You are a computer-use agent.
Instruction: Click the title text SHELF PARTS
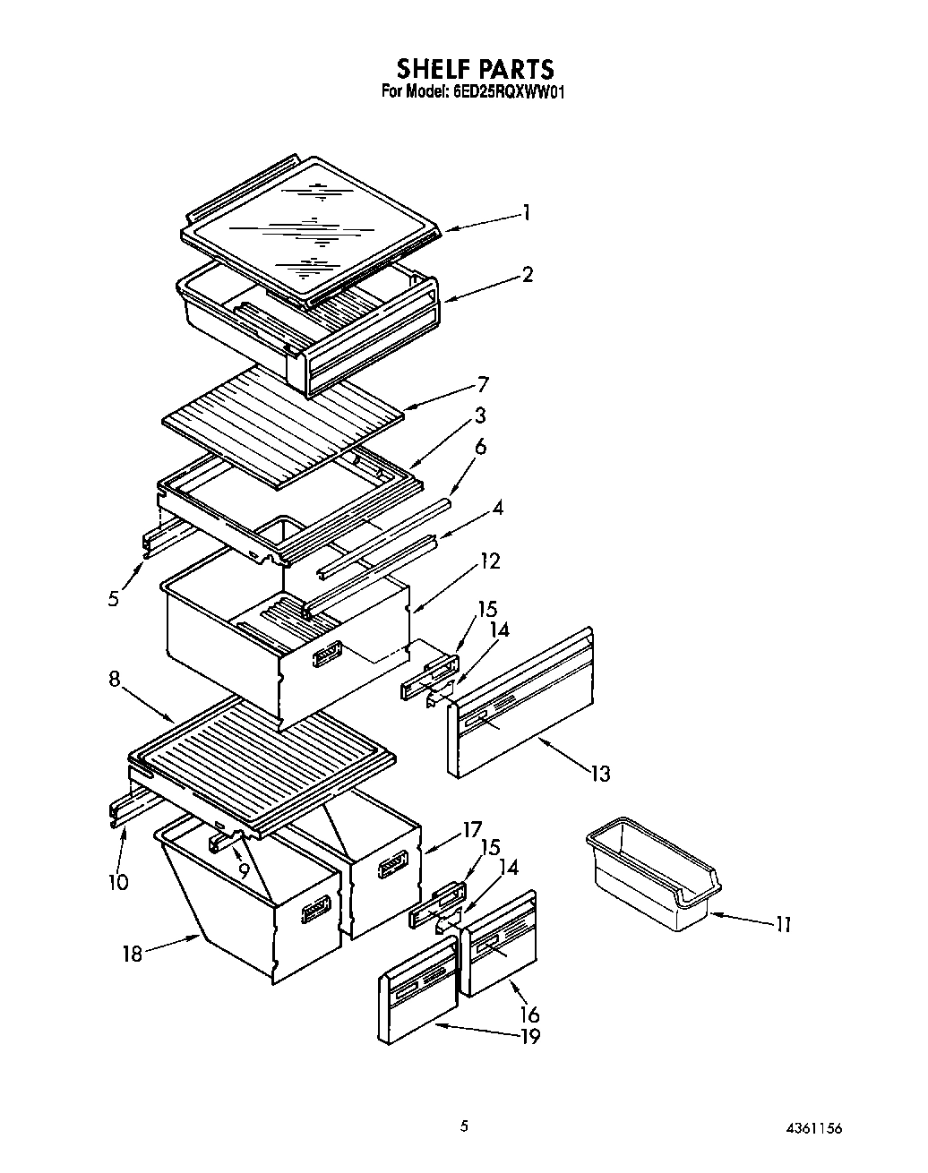pos(475,68)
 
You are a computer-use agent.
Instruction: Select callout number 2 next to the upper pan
pos(528,274)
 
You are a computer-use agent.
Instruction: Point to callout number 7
pos(483,384)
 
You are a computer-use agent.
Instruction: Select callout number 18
pos(133,954)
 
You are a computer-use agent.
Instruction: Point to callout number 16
pos(529,1014)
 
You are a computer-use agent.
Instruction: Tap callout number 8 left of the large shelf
pos(115,679)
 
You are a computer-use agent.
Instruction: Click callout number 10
pos(117,882)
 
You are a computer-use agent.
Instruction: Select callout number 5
pos(114,598)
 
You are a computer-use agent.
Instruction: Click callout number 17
pos(472,829)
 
